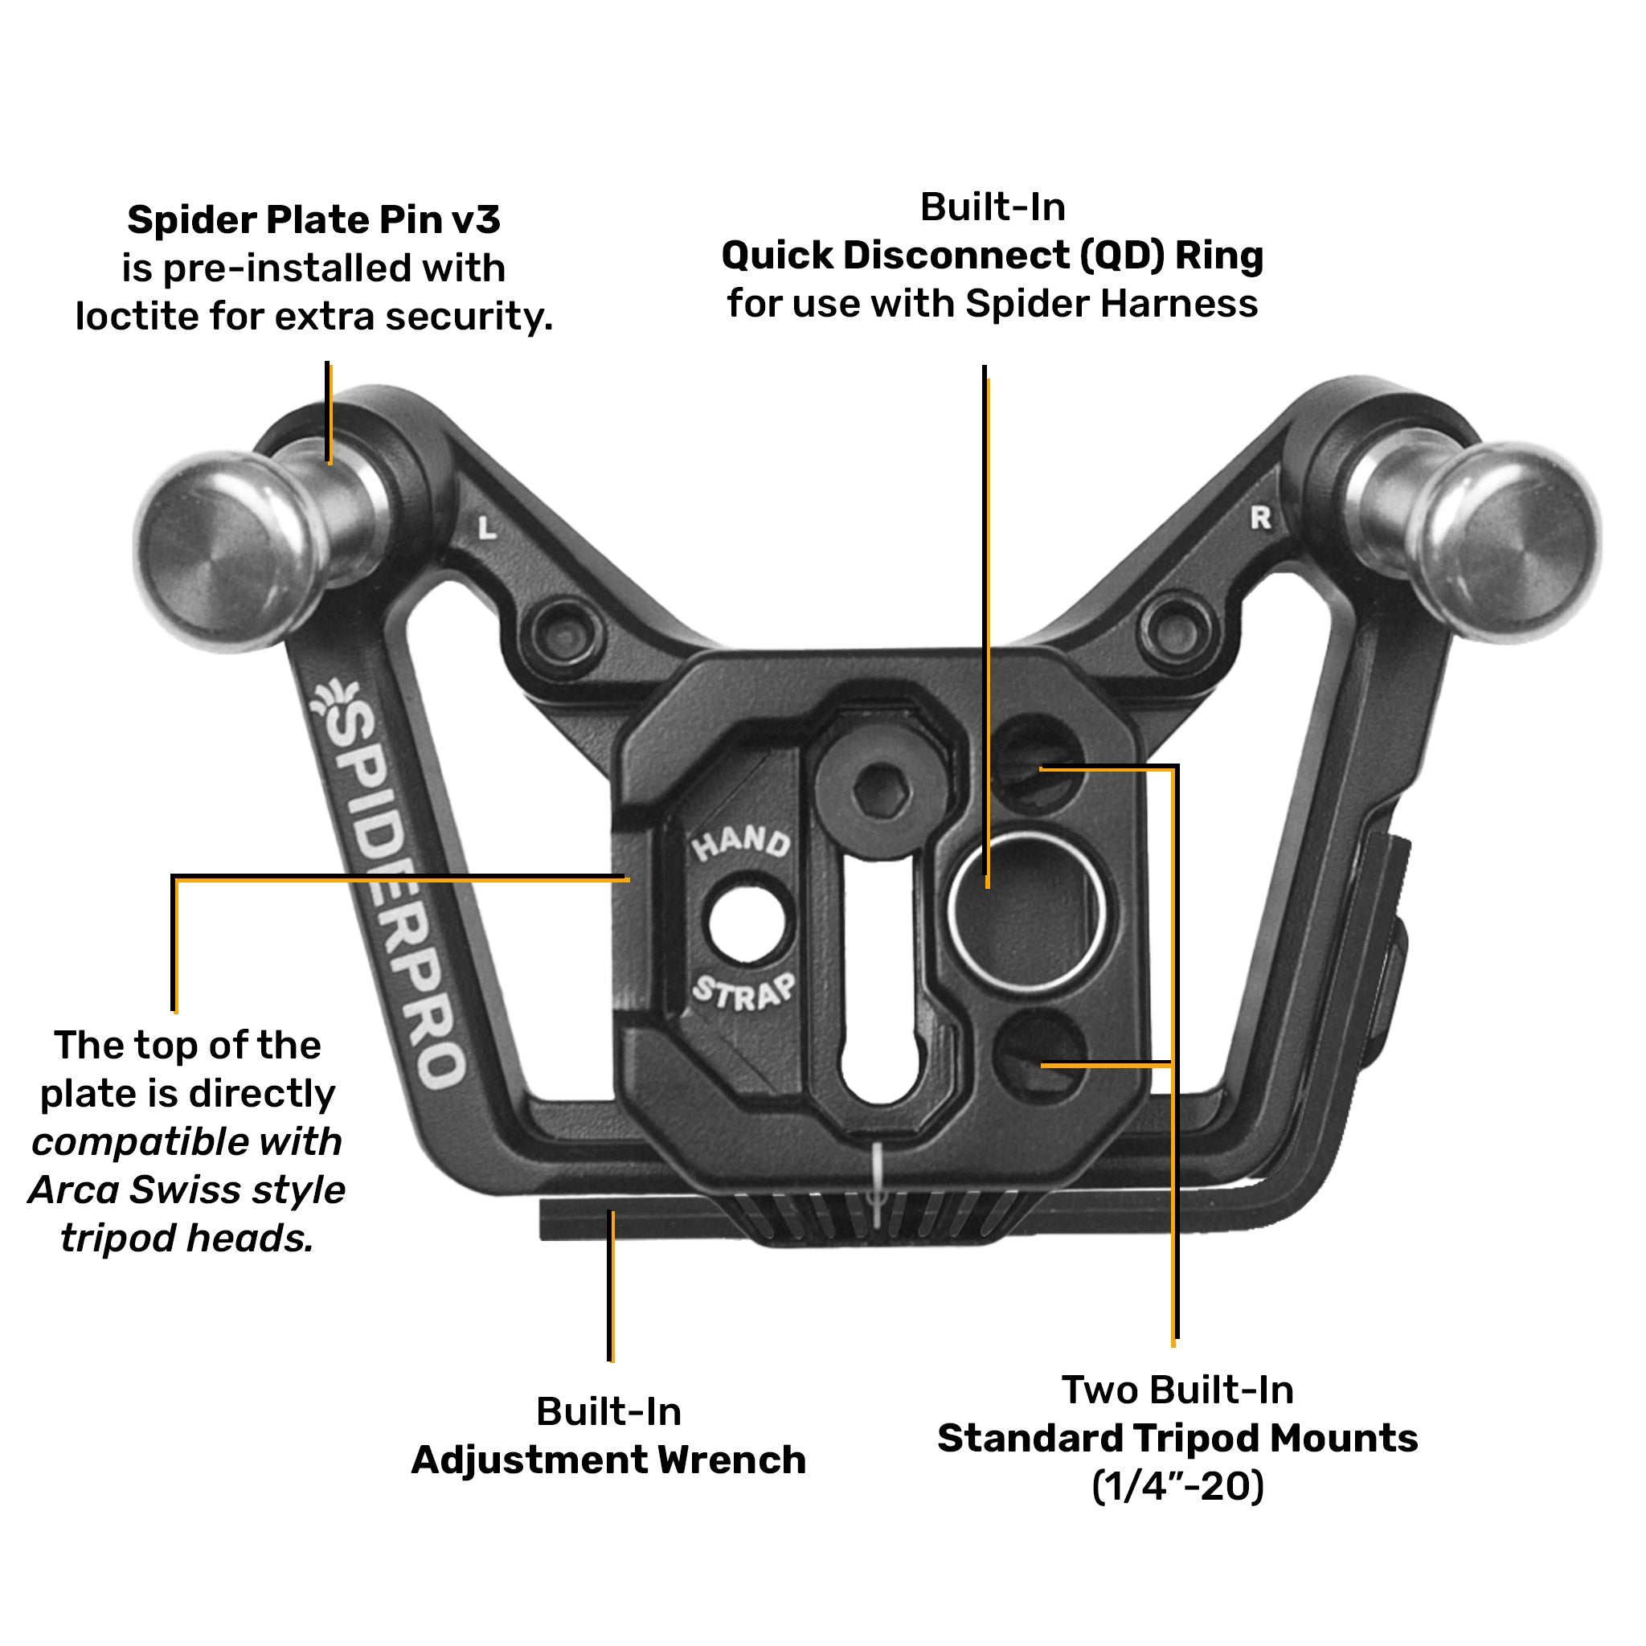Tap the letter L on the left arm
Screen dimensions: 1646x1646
tap(486, 528)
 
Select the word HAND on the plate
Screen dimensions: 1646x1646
tap(740, 842)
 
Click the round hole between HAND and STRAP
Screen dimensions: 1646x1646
tap(747, 923)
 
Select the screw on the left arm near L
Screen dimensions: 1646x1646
tap(565, 634)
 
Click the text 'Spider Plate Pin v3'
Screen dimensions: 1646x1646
tap(313, 219)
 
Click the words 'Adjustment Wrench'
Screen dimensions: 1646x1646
tap(608, 1460)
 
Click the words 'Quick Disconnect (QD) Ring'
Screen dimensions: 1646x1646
tap(992, 255)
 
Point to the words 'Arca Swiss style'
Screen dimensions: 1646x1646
tap(186, 1189)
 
